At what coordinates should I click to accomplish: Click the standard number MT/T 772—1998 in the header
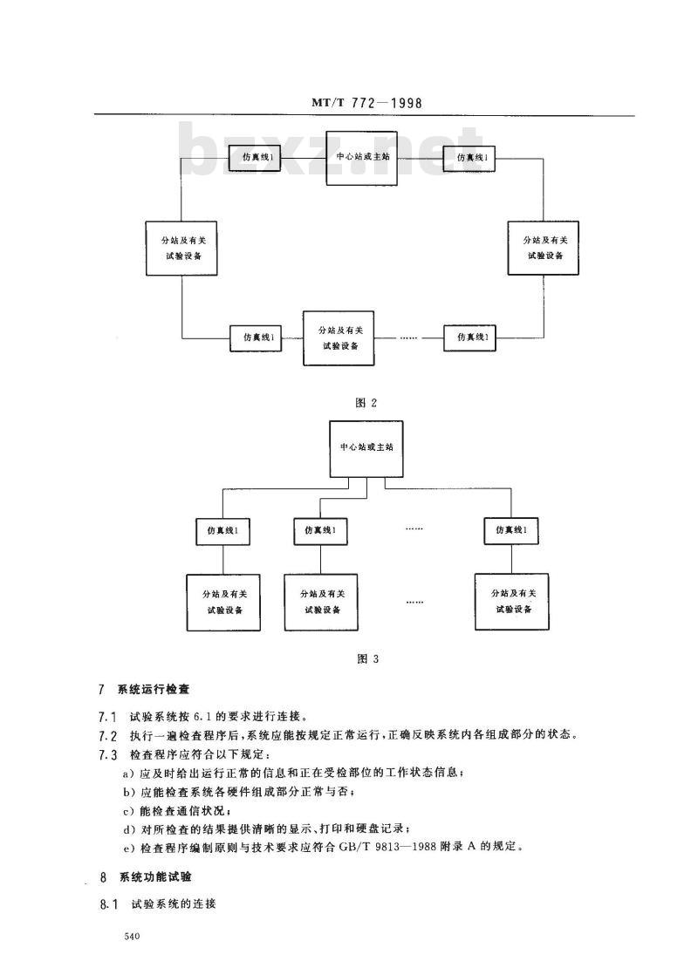coord(366,103)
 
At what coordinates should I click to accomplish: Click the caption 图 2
coord(366,403)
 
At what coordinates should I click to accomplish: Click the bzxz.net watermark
coord(332,157)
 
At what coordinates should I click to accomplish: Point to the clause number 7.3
coord(107,753)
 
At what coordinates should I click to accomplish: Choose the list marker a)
coord(129,773)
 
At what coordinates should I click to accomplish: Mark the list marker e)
coord(129,847)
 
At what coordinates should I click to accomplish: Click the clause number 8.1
coord(107,904)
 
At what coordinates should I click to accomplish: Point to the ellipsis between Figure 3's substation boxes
coord(414,601)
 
